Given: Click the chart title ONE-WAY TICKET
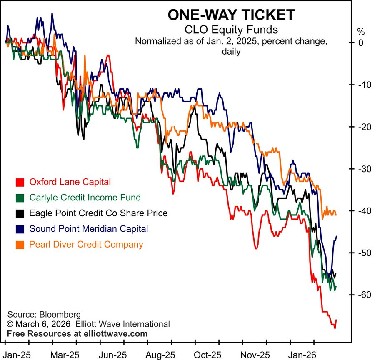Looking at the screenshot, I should [231, 15].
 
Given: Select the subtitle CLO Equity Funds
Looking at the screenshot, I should [231, 30].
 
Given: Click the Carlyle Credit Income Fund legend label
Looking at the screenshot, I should [85, 197].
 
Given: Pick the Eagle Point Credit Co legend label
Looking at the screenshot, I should [98, 213].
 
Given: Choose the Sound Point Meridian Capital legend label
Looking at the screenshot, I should [88, 228].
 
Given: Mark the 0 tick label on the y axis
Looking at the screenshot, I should [361, 43].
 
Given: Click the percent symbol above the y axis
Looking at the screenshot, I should [360, 31].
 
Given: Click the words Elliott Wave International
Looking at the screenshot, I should [123, 324].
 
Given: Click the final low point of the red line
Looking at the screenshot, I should [335, 328].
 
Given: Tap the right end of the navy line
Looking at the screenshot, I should [336, 236].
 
